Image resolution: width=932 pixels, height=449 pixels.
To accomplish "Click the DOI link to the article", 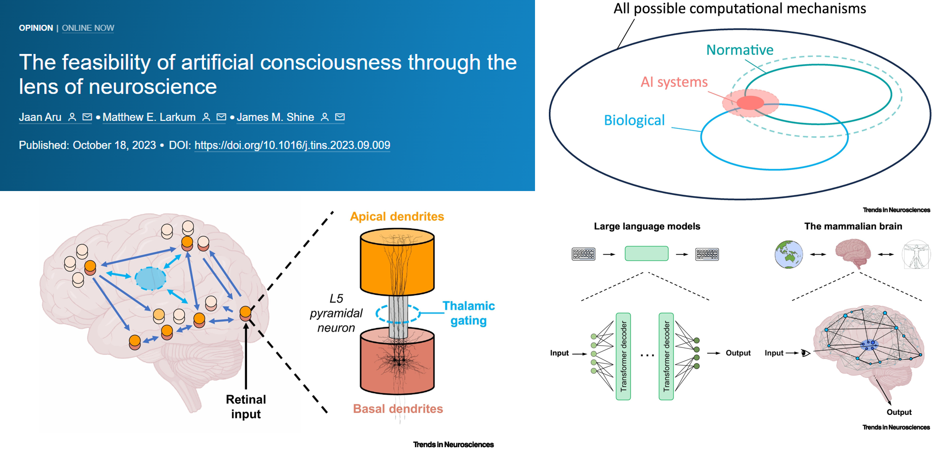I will point(292,145).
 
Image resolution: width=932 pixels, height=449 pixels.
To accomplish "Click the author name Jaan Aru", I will point(40,117).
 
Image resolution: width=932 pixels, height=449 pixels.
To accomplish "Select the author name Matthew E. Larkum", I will point(149,117).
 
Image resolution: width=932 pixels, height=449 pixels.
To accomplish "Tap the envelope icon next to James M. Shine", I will point(340,117).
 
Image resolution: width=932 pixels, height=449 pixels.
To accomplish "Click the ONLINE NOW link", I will point(88,28).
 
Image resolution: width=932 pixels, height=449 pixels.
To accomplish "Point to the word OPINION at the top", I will point(36,28).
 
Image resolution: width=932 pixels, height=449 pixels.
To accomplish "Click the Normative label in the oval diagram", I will point(740,50).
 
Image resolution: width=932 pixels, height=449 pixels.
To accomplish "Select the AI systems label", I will point(673,82).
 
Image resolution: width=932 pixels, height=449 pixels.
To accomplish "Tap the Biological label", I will point(634,120).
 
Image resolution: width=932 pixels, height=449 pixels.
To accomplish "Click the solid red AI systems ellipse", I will point(750,102).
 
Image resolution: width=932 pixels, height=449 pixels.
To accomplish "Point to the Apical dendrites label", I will point(397,216).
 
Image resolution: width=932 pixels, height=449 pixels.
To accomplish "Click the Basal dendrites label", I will point(397,409).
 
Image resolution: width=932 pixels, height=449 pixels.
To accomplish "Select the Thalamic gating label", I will point(468,313).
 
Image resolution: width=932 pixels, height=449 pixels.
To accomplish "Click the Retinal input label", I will point(246,407).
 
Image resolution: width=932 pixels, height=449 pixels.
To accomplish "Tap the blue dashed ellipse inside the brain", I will point(150,279).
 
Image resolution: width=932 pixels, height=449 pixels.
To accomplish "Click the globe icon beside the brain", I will point(788,254).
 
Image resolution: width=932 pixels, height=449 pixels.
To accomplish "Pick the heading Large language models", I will point(647,227).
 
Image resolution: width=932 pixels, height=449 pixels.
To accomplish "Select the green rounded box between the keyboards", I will point(646,254).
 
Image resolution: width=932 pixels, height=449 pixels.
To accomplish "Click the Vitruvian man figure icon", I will point(916,254).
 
